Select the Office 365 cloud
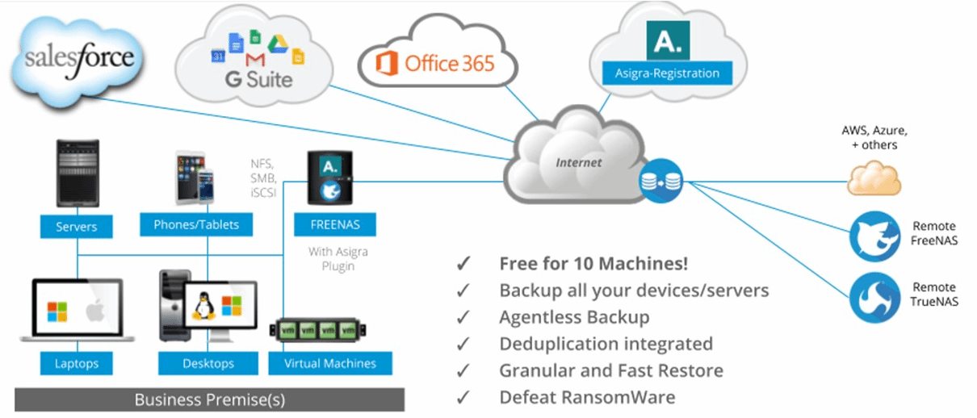pos(437,62)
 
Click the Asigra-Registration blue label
pos(667,73)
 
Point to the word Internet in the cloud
pos(578,162)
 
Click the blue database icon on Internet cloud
pos(660,182)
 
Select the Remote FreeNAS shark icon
pos(874,234)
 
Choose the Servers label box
pos(77,227)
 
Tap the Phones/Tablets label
pos(196,224)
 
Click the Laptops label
pos(77,363)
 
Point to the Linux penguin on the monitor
pos(201,305)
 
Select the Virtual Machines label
pos(329,363)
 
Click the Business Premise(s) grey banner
pos(209,399)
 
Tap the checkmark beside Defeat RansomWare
pos(463,397)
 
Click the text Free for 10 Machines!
pos(593,264)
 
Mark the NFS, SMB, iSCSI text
pos(264,177)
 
